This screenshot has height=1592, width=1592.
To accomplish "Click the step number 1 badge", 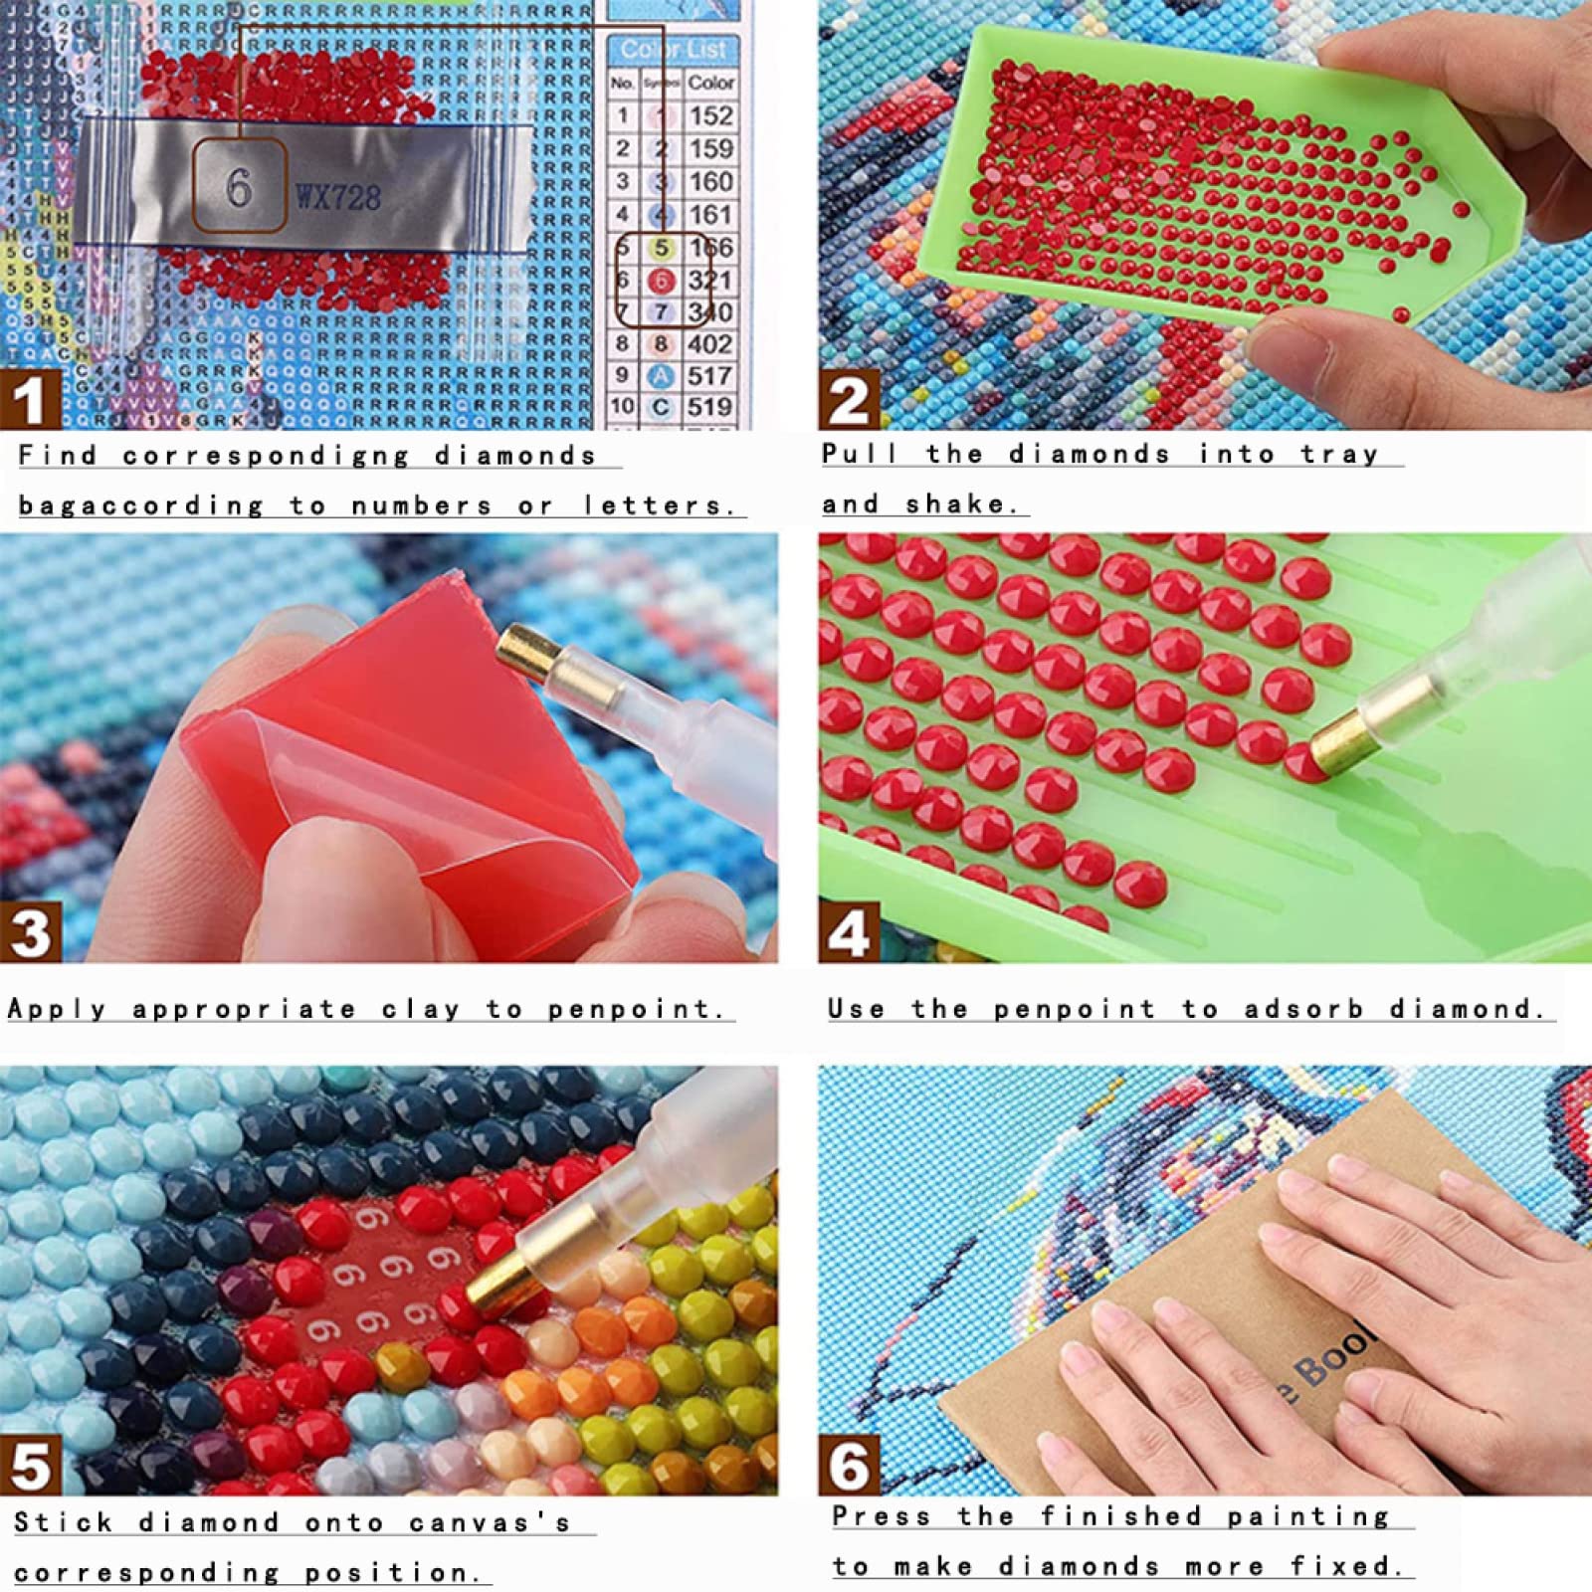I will click(30, 399).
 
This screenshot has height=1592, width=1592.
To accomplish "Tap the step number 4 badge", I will click(848, 932).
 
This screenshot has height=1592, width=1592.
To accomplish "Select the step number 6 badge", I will click(848, 1465).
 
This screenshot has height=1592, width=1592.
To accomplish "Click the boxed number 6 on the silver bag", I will click(239, 187).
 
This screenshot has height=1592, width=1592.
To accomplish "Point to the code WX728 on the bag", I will click(338, 197).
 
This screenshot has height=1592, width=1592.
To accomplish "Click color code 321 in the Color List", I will click(709, 280).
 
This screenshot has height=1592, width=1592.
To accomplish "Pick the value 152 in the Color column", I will click(709, 115).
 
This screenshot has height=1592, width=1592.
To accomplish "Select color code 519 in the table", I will click(709, 407).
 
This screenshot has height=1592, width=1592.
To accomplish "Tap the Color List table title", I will click(673, 50).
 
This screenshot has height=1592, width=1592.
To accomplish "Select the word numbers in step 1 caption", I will click(421, 505).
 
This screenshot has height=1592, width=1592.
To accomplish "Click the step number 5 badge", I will click(30, 1465).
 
